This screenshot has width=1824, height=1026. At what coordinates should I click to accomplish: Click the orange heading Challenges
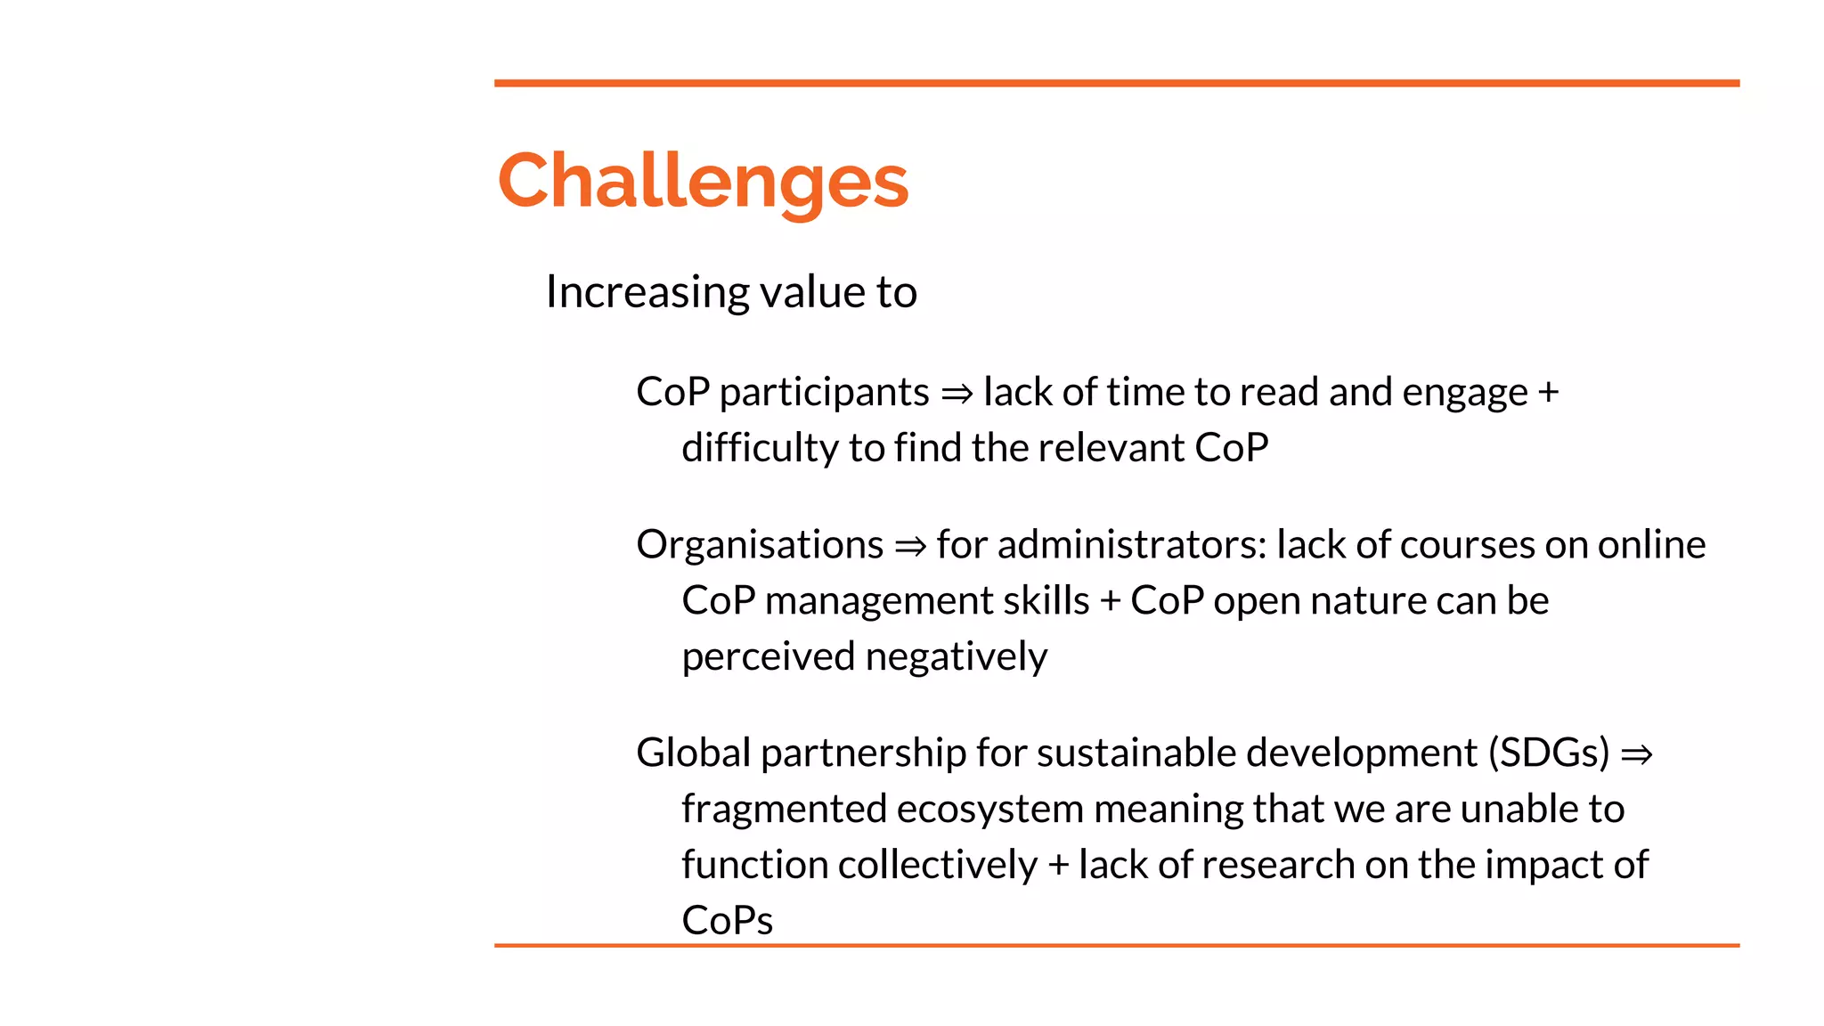point(703,182)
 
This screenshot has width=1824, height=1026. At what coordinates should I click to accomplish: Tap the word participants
point(824,393)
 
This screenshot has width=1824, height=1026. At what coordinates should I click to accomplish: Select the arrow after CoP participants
point(957,394)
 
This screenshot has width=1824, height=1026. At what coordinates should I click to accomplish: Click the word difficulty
point(760,448)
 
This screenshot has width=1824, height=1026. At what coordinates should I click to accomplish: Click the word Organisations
point(760,545)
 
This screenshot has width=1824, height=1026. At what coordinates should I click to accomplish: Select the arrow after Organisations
point(910,546)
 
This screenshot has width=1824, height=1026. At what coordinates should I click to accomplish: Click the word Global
point(693,753)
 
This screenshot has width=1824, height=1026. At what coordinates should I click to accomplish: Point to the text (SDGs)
point(1549,753)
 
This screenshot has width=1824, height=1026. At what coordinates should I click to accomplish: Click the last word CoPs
point(727,921)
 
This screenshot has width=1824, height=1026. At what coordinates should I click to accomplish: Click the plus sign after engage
point(1549,393)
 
